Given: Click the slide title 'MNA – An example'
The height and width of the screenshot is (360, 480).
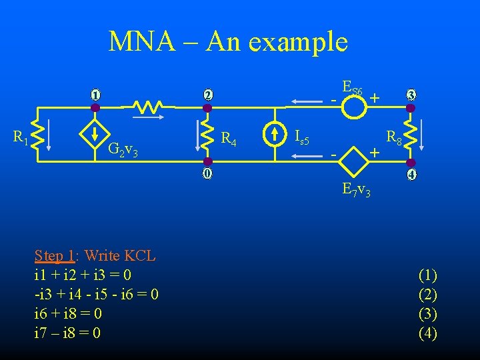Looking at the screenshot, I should click(x=228, y=42).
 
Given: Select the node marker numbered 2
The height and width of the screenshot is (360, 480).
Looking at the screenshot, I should click(x=208, y=95).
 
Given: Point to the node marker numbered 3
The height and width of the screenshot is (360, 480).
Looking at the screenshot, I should click(x=411, y=95).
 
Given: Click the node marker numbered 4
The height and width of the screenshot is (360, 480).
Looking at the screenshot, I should click(x=411, y=176).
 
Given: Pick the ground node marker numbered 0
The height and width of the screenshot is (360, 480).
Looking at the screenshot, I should click(x=208, y=175).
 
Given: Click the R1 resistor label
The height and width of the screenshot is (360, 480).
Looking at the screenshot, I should click(x=21, y=137).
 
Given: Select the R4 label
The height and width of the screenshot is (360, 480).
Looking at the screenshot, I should click(x=229, y=139).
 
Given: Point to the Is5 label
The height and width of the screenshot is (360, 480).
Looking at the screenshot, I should click(x=301, y=138).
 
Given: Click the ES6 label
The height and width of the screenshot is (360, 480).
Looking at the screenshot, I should click(x=353, y=87).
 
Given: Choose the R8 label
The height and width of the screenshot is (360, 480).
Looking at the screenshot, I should click(x=393, y=139).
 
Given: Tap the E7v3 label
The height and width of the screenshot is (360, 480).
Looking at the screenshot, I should click(x=357, y=190).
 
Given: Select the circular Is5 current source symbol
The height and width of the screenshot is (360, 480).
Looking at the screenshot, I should click(x=275, y=135).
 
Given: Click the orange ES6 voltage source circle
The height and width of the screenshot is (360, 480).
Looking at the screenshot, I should click(x=354, y=107).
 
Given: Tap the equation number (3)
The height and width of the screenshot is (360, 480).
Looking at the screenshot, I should click(x=427, y=313).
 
